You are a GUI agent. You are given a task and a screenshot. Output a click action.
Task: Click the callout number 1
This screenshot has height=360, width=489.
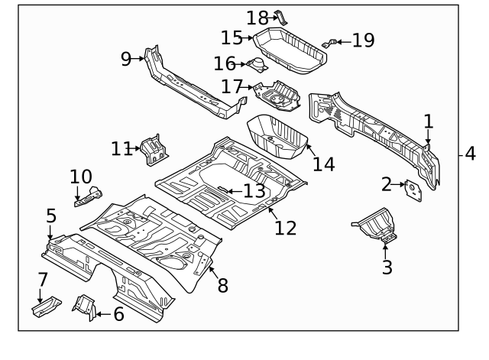(x=428, y=121)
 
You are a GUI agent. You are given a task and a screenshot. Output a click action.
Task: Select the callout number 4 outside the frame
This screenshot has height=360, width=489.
(x=469, y=154)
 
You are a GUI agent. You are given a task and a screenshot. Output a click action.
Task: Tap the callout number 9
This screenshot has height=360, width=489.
(x=126, y=59)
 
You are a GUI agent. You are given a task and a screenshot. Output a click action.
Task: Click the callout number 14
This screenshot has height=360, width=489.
(x=324, y=164)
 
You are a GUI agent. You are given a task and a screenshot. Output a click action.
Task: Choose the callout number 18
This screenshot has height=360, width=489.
(x=257, y=16)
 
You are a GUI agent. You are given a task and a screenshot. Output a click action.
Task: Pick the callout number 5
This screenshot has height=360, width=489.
(x=51, y=216)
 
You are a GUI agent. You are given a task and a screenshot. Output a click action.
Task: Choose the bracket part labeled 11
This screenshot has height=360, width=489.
(x=154, y=148)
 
